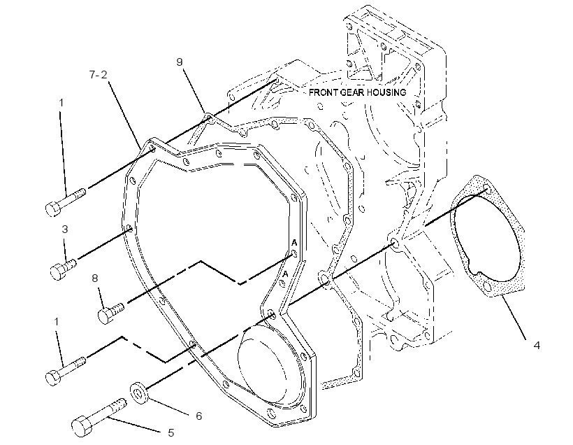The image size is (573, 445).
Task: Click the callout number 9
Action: point(179,62)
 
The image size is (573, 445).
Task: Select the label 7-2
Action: point(99,75)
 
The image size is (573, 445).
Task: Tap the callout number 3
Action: point(65,229)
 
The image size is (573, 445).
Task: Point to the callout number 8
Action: point(94,278)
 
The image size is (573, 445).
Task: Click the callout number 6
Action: point(198,416)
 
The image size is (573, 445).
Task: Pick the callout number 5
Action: point(171,433)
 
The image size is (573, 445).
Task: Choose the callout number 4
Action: point(537,345)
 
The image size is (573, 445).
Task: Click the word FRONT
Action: point(324,92)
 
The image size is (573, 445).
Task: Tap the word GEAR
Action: point(352,92)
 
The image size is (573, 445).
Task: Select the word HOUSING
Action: point(386,92)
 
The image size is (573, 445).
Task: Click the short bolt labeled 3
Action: point(63,269)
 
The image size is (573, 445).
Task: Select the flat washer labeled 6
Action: point(138,393)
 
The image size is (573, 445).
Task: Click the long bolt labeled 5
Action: point(99,418)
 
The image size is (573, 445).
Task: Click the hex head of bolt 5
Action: point(82,426)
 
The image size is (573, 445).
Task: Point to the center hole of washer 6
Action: point(138,394)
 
